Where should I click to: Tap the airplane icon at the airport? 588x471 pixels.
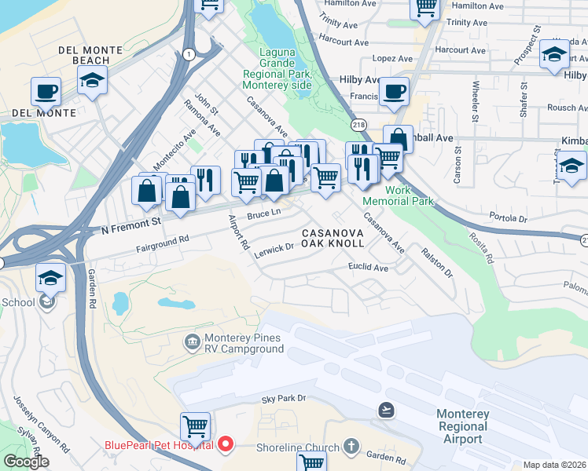click(386, 410)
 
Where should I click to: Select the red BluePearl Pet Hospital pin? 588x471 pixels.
click(226, 445)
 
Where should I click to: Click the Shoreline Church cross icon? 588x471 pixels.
click(351, 447)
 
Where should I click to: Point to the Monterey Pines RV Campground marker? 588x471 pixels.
click(191, 341)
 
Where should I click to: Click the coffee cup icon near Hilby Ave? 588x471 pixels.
click(395, 91)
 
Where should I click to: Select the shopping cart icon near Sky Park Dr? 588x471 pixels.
click(195, 426)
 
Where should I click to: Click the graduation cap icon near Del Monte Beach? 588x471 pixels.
click(93, 79)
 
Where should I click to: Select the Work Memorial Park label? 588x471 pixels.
click(409, 195)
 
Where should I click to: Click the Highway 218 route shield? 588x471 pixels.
click(358, 125)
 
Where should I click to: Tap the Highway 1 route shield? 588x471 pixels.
click(189, 54)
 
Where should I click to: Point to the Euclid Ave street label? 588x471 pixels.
click(369, 268)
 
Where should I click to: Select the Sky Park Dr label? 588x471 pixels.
click(283, 399)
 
